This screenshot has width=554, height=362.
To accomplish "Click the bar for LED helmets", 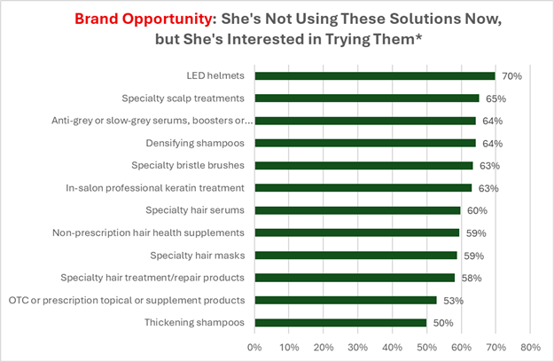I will coord(374,76).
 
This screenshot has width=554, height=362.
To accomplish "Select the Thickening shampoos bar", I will coord(340,323).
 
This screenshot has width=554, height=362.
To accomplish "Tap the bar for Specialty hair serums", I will coord(357,210).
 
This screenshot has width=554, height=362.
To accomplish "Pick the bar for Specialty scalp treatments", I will coord(366,98).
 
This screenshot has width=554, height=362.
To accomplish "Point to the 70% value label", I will coord(511,76).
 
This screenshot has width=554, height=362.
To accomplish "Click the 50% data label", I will coord(442,323).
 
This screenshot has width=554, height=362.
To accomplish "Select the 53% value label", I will coord(453,300).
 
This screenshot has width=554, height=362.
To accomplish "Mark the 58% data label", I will coord(470,278).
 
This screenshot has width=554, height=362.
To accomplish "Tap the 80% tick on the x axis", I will coord(530,345).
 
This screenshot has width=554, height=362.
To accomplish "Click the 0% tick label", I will coord(254,345).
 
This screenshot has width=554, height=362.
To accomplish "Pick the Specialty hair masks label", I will coord(199,256).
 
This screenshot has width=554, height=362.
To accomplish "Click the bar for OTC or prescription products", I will coord(346,300).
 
